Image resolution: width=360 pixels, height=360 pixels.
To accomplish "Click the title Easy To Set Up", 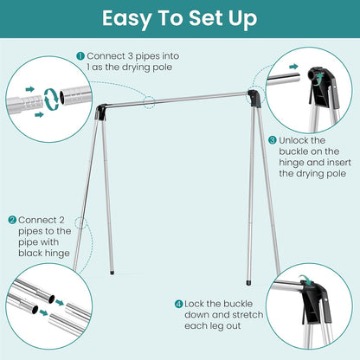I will click(180, 20).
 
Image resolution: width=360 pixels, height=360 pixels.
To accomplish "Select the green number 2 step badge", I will click(12, 220).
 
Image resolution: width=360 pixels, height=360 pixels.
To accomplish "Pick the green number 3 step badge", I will click(273, 139).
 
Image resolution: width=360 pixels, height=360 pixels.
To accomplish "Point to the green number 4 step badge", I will click(177, 304).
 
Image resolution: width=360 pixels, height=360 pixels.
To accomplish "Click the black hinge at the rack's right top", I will click(253, 97).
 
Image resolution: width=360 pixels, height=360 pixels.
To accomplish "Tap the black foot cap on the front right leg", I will click(250, 281).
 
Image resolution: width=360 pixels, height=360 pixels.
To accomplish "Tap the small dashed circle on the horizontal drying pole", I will click(150, 101).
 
